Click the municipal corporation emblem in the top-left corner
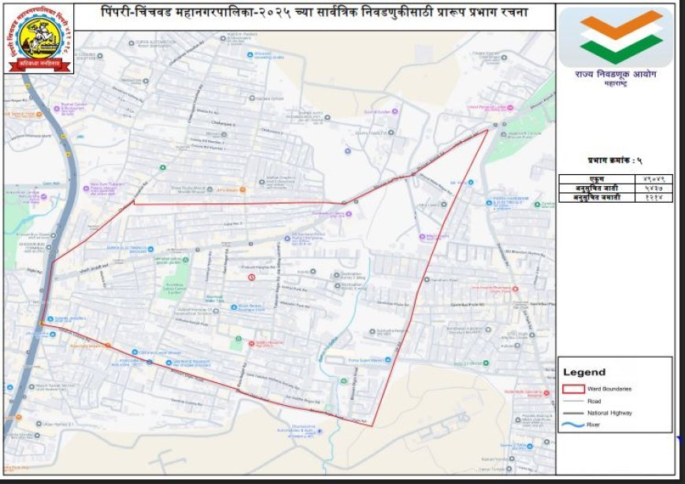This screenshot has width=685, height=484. click(39, 39)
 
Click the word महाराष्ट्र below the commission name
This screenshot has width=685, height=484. click(616, 84)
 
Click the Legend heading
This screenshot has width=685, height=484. click(584, 372)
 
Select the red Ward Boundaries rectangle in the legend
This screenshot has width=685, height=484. click(574, 389)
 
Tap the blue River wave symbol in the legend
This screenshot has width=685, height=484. click(574, 426)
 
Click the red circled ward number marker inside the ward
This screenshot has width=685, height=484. click(251, 277)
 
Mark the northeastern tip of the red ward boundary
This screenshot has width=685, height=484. click(487, 130)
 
